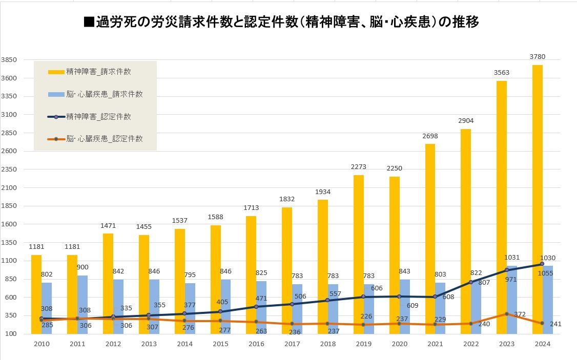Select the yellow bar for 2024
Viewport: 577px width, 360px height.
pos(537,200)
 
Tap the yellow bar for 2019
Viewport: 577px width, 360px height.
pos(358,255)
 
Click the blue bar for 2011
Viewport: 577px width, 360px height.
pos(83,305)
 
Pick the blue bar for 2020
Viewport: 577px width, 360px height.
pos(405,306)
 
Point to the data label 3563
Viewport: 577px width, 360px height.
pos(501,73)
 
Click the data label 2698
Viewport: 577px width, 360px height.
pos(429,136)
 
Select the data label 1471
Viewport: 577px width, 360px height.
pos(108,225)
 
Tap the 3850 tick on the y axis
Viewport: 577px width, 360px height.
pos(10,60)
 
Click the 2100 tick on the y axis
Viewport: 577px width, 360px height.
pos(10,188)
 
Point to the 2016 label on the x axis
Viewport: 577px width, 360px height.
pos(256,344)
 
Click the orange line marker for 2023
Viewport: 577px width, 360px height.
pos(506,314)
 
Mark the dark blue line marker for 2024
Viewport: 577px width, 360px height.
pos(542,264)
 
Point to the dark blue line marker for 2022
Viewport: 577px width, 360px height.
pos(470,282)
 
